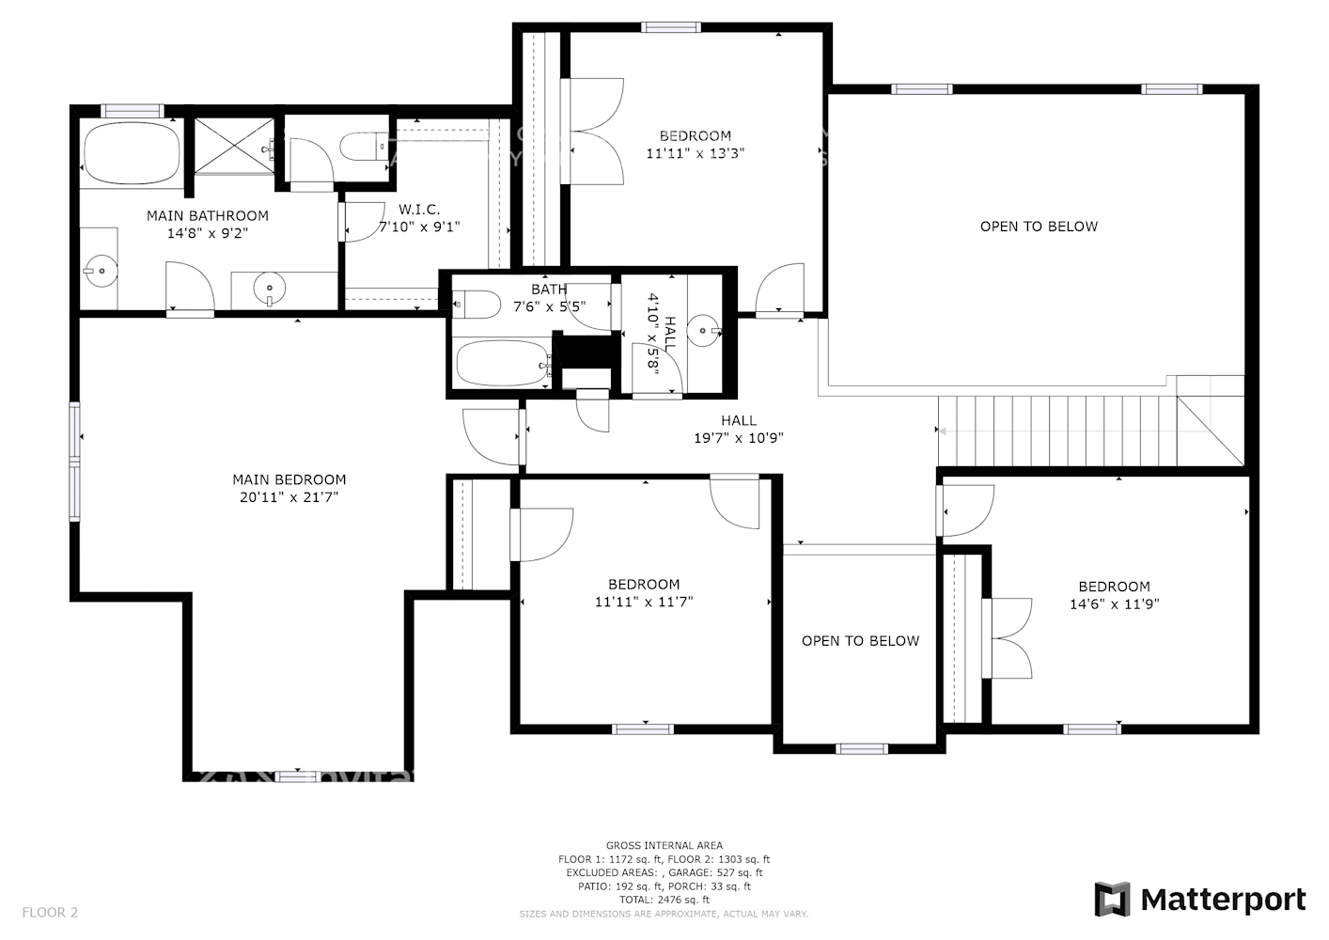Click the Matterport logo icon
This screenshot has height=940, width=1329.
pyautogui.click(x=1112, y=900)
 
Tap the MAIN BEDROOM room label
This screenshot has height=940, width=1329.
pyautogui.click(x=289, y=479)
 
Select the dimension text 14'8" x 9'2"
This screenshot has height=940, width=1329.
pyautogui.click(x=208, y=233)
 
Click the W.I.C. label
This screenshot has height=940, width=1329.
pyautogui.click(x=419, y=210)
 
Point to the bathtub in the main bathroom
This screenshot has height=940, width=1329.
pyautogui.click(x=132, y=153)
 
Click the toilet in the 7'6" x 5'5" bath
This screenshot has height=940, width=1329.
pyautogui.click(x=477, y=305)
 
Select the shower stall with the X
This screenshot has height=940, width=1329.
pyautogui.click(x=234, y=145)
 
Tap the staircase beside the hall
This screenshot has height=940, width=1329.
pyautogui.click(x=1057, y=431)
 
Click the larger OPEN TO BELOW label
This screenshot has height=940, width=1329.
pyautogui.click(x=1039, y=227)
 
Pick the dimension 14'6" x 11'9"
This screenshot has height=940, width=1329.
pyautogui.click(x=1114, y=604)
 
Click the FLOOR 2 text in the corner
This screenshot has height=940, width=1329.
pyautogui.click(x=50, y=912)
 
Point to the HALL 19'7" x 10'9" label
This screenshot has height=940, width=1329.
pyautogui.click(x=739, y=429)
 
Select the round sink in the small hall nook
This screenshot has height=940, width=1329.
pyautogui.click(x=703, y=331)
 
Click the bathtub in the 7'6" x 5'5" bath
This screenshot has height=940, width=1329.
pyautogui.click(x=501, y=364)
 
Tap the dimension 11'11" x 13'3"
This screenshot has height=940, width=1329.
pyautogui.click(x=696, y=153)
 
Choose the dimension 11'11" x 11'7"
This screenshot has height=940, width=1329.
pyautogui.click(x=644, y=602)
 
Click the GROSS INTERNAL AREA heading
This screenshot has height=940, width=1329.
pyautogui.click(x=664, y=846)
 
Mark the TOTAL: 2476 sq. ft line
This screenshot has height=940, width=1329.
pyautogui.click(x=664, y=900)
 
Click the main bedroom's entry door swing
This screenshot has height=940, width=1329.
pyautogui.click(x=492, y=435)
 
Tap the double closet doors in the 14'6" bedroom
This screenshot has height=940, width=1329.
pyautogui.click(x=1008, y=638)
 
